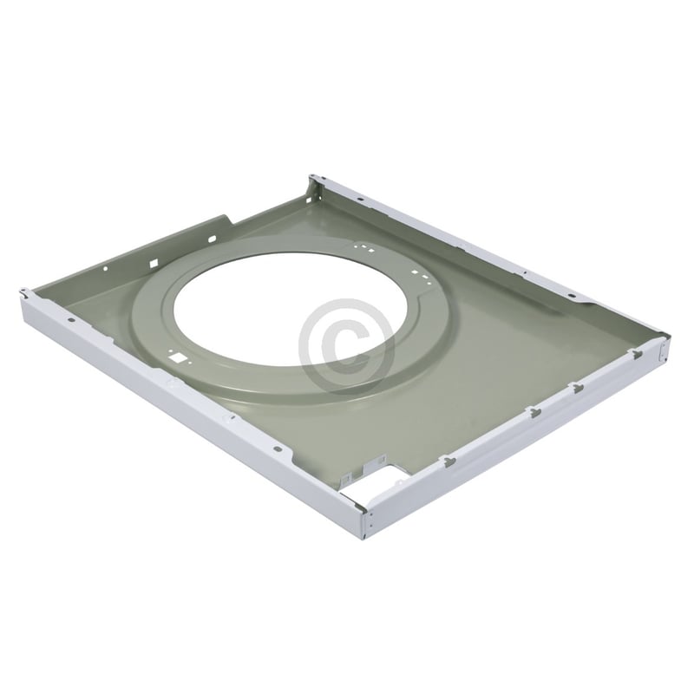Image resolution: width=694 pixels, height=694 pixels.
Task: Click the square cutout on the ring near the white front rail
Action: (177, 356)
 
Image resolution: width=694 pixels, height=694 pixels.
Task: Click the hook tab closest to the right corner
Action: (636, 353)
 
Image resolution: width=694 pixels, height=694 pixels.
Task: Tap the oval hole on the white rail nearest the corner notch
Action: (277, 449)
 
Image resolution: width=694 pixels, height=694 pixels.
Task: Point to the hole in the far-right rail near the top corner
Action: (357, 199)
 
